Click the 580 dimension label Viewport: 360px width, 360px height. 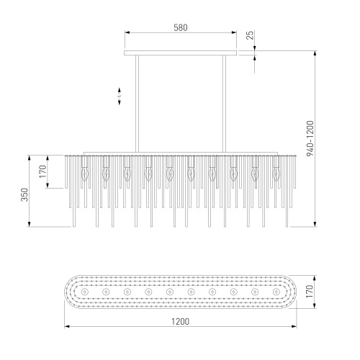pyautogui.click(x=181, y=28)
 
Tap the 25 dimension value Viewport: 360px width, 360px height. pyautogui.click(x=250, y=35)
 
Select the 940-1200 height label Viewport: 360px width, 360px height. pyautogui.click(x=310, y=138)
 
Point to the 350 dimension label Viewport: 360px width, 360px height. pyautogui.click(x=24, y=194)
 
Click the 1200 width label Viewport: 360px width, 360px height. pyautogui.click(x=180, y=321)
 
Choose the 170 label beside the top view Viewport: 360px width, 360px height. pyautogui.click(x=310, y=291)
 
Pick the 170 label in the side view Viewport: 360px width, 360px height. pyautogui.click(x=42, y=171)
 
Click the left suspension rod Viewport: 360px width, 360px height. pyautogui.click(x=137, y=104)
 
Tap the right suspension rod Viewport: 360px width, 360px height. pyautogui.click(x=224, y=104)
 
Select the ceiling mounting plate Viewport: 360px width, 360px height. pyautogui.click(x=181, y=53)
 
